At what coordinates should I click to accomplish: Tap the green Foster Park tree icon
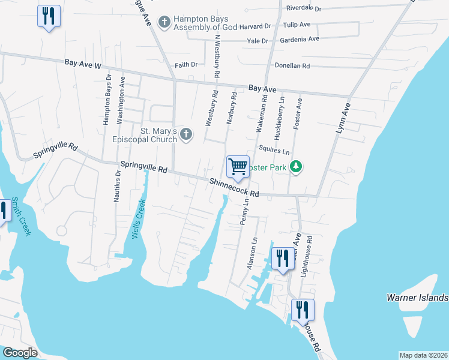click(x=295, y=166)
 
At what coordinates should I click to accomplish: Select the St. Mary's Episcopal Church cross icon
click(x=186, y=134)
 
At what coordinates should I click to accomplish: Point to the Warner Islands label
click(x=417, y=298)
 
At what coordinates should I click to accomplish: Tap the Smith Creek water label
click(x=20, y=217)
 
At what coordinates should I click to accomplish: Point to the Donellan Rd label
click(x=292, y=65)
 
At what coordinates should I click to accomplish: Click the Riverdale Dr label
click(x=304, y=9)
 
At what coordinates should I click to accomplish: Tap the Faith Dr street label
click(x=186, y=64)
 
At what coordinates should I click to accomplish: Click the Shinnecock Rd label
click(x=234, y=188)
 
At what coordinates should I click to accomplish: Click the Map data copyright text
click(x=423, y=355)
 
